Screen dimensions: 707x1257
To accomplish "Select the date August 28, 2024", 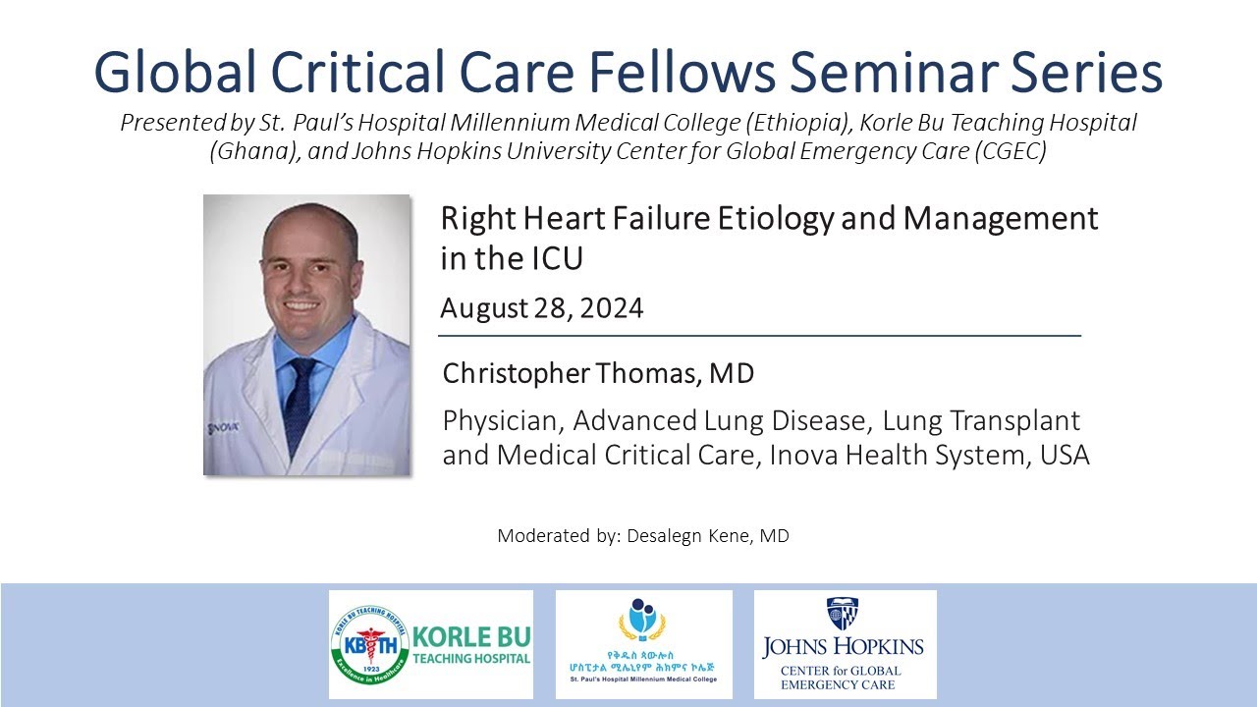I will click(x=541, y=308).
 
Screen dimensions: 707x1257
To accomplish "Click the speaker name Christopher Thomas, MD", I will click(x=598, y=374).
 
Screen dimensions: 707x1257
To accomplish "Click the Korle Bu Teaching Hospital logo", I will click(x=430, y=644).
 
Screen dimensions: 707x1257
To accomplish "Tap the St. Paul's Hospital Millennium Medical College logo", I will click(x=643, y=644).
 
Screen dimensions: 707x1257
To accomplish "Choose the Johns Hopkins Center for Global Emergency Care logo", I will click(x=845, y=644).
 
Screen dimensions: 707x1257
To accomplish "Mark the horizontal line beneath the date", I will click(x=759, y=336).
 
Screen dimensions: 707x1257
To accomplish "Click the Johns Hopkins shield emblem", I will click(x=843, y=614).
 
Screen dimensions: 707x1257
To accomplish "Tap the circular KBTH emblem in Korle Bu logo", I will click(x=370, y=644).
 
